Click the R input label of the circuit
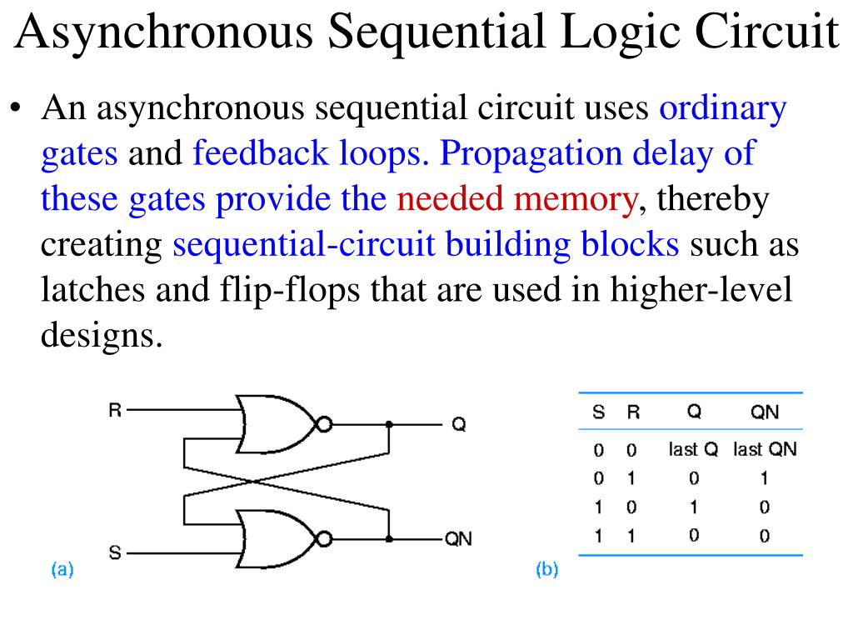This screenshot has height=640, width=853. point(115,410)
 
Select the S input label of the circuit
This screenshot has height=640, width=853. point(115,552)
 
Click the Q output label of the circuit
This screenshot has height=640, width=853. point(458,425)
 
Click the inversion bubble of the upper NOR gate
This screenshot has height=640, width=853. point(324,424)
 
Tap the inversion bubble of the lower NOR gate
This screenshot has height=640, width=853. point(324,539)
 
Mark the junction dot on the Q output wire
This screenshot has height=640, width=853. point(389,424)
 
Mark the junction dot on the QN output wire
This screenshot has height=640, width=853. point(389,539)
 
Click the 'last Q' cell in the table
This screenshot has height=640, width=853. point(693,450)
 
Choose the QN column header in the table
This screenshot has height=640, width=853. point(765,412)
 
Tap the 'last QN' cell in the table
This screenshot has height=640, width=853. point(765,450)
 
